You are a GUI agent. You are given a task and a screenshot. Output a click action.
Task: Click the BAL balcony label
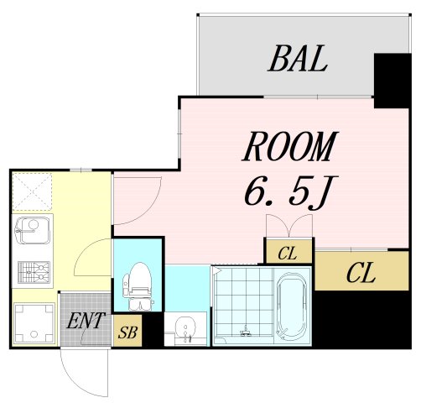tap(298, 59)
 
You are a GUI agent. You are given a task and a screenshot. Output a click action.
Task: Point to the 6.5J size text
tap(291, 193)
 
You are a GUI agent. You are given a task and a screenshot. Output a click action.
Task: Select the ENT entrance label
tap(86, 321)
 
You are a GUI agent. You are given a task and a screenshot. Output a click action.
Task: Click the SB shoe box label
tap(127, 332)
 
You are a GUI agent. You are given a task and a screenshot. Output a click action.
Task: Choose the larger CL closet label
tap(361, 272)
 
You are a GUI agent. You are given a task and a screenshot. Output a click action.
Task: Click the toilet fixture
tap(138, 286)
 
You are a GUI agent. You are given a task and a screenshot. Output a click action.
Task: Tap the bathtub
tap(292, 306)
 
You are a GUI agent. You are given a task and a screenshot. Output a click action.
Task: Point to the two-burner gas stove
tap(34, 272)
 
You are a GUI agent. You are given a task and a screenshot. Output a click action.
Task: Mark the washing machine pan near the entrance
tap(34, 323)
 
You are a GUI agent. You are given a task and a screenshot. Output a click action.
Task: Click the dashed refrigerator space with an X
tap(33, 191)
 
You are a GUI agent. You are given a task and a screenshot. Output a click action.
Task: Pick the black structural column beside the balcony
tap(392, 81)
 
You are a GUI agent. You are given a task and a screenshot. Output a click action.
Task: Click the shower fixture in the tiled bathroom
tap(246, 332)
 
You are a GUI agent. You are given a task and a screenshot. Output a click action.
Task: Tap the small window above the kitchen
tap(81, 170)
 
